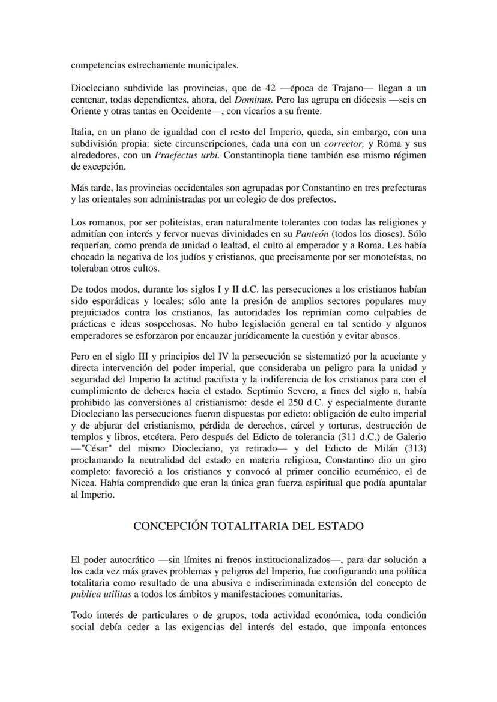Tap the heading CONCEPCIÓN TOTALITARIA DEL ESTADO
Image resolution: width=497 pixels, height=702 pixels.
(x=248, y=526)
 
